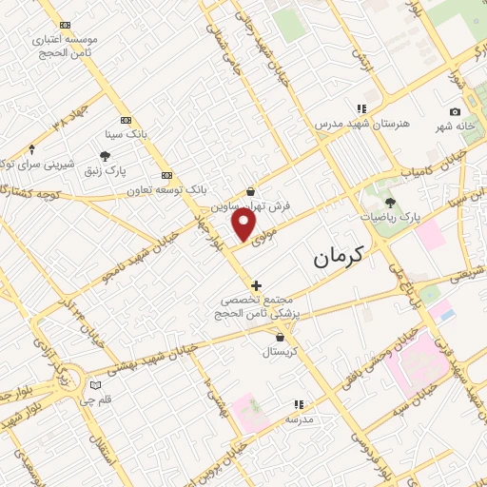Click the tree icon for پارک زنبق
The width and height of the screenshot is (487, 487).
[105, 157]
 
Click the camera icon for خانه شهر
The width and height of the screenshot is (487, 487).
[456, 112]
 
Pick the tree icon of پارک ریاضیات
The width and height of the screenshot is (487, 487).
[390, 202]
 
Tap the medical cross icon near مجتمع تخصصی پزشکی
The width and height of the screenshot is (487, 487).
[255, 284]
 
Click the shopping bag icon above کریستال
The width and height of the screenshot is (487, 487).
[280, 336]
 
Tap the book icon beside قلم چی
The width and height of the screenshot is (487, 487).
[93, 385]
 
